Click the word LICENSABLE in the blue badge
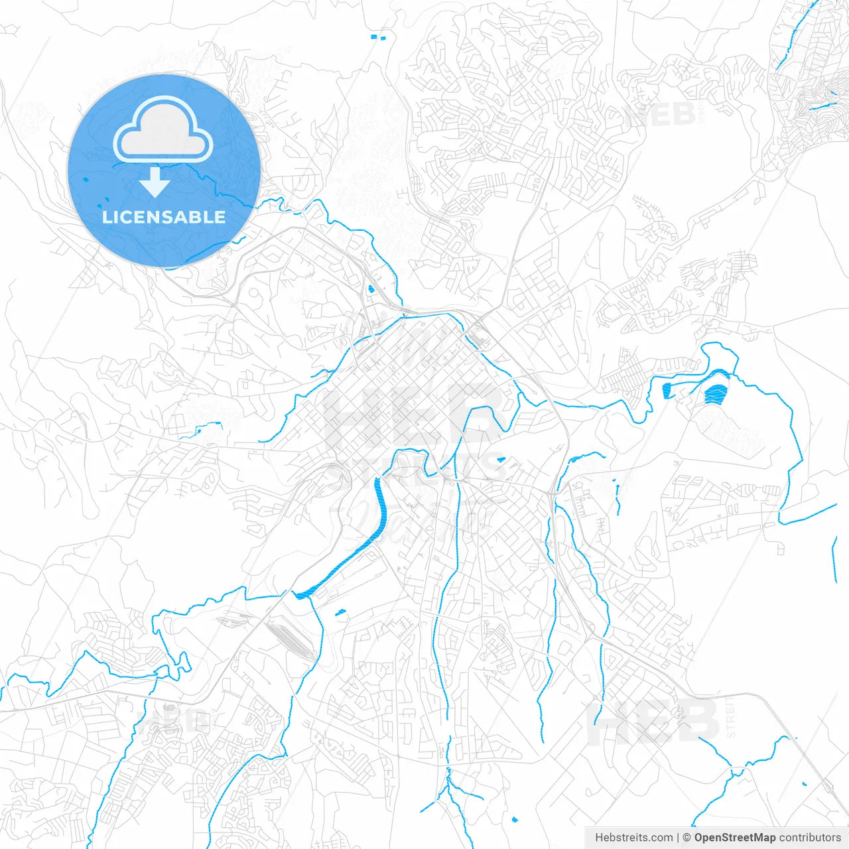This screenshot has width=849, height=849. (164, 217)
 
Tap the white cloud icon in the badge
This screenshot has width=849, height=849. (163, 131)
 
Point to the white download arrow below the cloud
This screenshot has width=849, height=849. (155, 182)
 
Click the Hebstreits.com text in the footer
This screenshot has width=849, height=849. (634, 838)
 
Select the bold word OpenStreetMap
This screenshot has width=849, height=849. (734, 838)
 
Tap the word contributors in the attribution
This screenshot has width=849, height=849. (809, 838)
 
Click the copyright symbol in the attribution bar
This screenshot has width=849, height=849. (687, 838)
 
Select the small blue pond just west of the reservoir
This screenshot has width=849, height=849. (667, 391)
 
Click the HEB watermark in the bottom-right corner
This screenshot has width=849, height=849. (653, 721)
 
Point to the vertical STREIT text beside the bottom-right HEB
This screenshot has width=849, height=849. (731, 716)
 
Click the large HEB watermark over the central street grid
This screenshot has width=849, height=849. (411, 415)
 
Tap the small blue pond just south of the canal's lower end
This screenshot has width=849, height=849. (341, 612)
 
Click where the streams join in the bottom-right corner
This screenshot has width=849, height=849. (732, 771)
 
